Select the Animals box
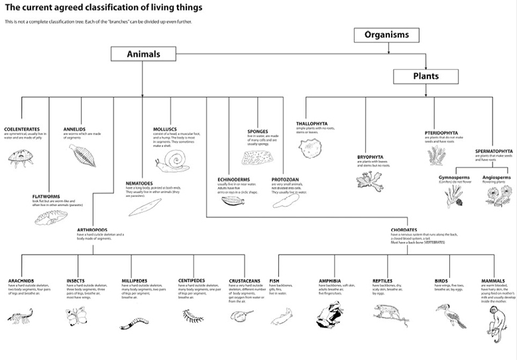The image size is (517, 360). (143, 54)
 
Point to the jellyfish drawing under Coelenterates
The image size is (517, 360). (21, 157)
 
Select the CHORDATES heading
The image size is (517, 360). (404, 229)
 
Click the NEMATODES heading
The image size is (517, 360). (140, 183)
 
